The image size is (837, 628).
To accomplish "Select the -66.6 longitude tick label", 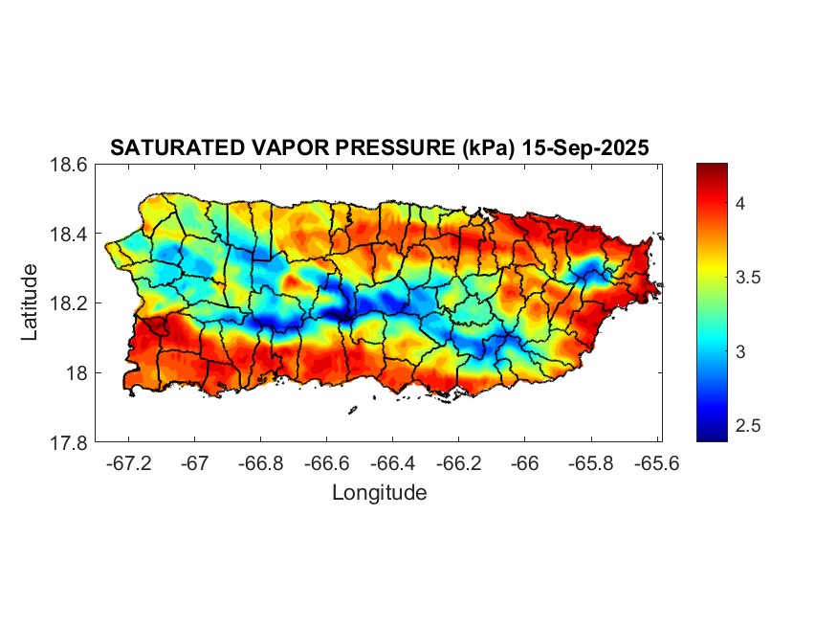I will (x=327, y=462).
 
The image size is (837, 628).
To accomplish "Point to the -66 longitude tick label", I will (x=525, y=462).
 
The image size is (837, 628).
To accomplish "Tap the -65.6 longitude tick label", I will (x=655, y=462).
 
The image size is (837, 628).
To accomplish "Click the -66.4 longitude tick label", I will (x=393, y=462).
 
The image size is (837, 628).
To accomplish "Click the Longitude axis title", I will (x=379, y=493).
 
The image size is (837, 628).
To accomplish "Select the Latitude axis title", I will (x=31, y=303).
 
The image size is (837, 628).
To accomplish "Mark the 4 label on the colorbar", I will (x=740, y=203).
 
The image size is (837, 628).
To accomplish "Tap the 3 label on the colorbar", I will (x=740, y=352).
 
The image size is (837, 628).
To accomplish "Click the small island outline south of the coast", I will (x=352, y=411).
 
